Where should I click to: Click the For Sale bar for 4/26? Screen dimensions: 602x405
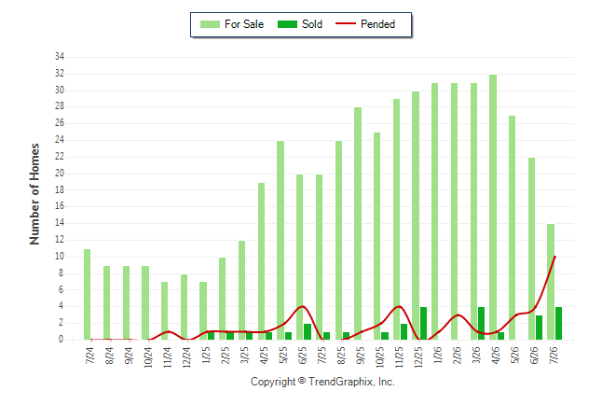coord(493,207)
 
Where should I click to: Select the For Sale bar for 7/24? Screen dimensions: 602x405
coord(88,295)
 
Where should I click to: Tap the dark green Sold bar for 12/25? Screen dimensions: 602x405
coord(423,324)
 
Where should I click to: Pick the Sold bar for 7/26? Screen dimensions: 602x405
coord(558,324)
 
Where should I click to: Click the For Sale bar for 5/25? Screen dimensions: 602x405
coord(280,241)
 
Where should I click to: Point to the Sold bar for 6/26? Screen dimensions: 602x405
coord(539,328)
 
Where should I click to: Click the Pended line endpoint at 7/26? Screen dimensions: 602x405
coord(554,257)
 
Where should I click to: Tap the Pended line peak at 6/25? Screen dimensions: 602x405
coord(303,306)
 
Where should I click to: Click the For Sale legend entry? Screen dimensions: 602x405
coord(232,24)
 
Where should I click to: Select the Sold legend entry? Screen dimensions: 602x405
coord(300,24)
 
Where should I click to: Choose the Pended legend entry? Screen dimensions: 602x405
coord(365,24)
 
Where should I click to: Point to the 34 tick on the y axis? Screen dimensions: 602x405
coord(60,57)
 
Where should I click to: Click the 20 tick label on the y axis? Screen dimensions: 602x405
coord(60,173)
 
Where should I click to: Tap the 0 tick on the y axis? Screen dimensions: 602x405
coord(62,340)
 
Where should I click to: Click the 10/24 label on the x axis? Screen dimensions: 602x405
coord(148,356)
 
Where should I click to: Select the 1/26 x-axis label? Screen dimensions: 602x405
coord(438,355)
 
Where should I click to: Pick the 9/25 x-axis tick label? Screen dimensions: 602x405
coord(361,355)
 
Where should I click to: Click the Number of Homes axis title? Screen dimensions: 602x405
coord(34,194)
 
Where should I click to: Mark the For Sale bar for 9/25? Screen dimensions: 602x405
coord(358,224)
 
